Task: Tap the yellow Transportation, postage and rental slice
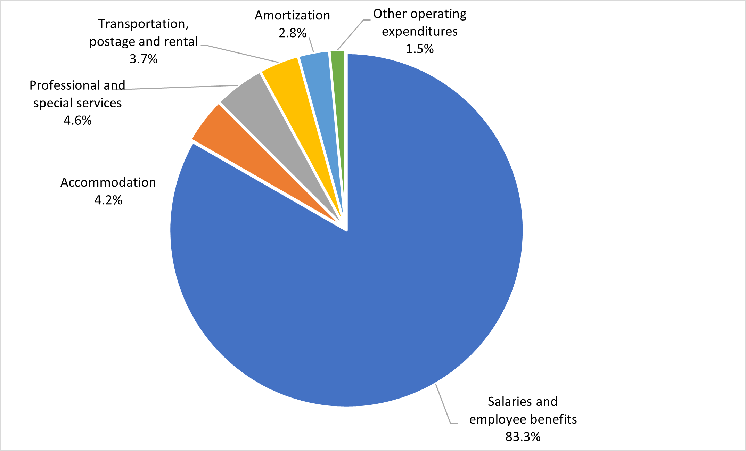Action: [299, 101]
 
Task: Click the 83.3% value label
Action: [523, 437]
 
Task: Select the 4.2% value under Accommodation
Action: [108, 200]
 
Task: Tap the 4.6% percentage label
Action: [77, 121]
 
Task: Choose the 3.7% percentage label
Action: [144, 59]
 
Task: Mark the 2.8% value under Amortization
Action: [293, 33]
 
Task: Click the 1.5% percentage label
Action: [420, 49]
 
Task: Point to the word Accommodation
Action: [108, 182]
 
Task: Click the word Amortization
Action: [293, 16]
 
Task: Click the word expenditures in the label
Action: [420, 32]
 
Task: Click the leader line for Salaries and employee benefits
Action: [443, 403]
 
